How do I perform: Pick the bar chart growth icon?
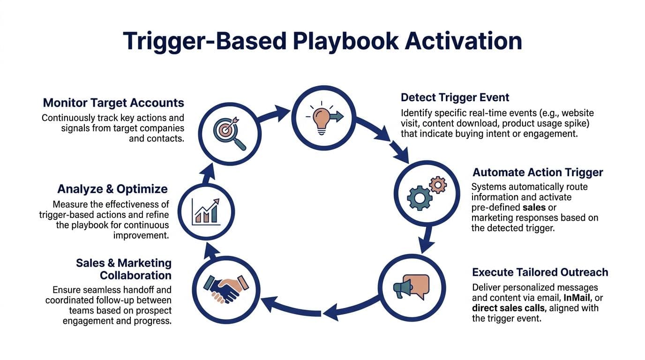pyautogui.click(x=207, y=211)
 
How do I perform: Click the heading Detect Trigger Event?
pyautogui.click(x=455, y=97)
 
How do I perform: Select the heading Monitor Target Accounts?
pyautogui.click(x=113, y=103)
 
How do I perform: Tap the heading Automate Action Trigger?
pyautogui.click(x=538, y=172)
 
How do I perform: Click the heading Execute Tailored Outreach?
pyautogui.click(x=540, y=272)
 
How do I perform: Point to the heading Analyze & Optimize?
pyautogui.click(x=112, y=189)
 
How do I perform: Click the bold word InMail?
pyautogui.click(x=578, y=298)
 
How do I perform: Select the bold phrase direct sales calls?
pyautogui.click(x=509, y=308)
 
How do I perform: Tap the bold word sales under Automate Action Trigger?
pyautogui.click(x=534, y=207)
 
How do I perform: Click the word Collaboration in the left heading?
pyautogui.click(x=135, y=275)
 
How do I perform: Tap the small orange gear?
pyautogui.click(x=438, y=184)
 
